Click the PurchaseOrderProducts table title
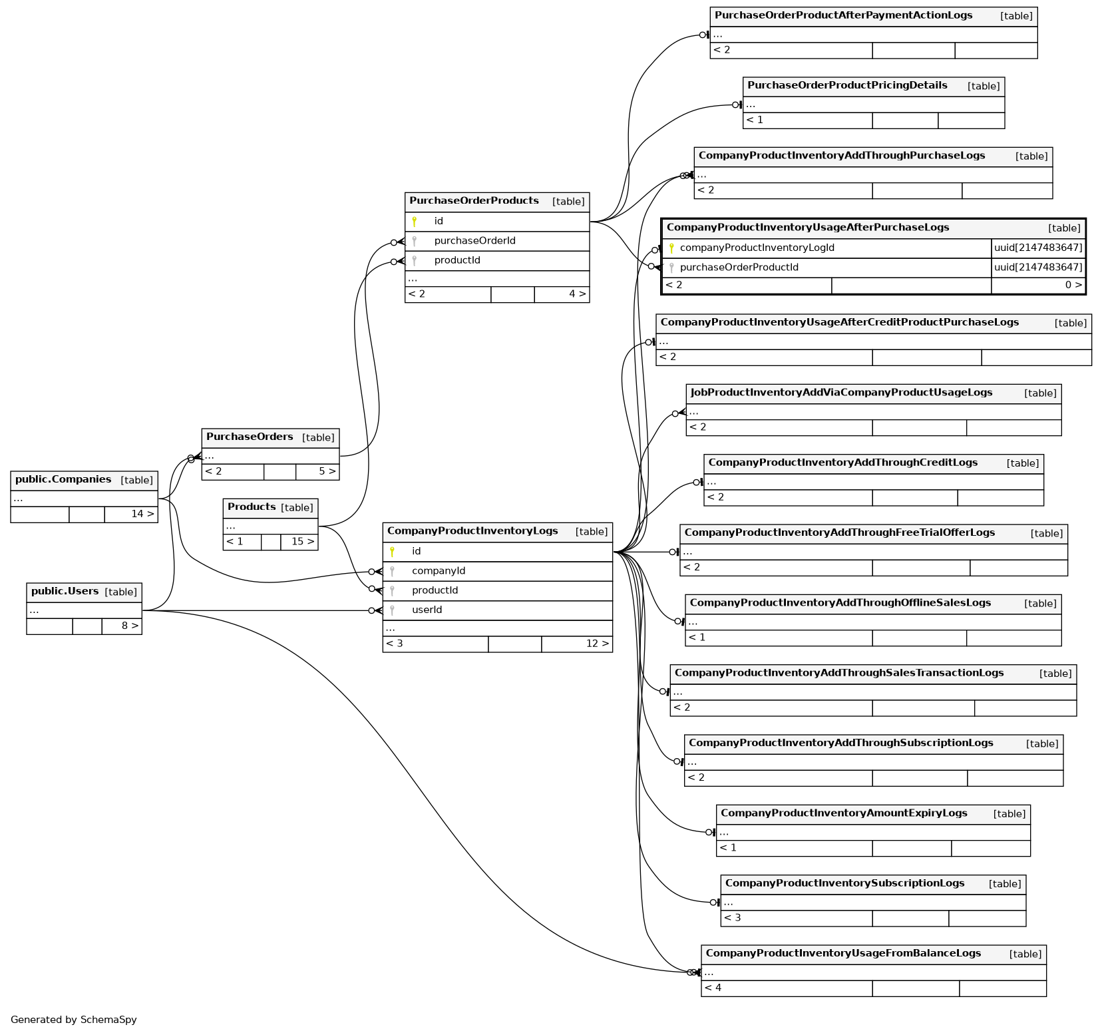tap(474, 201)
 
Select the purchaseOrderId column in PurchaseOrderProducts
tap(474, 241)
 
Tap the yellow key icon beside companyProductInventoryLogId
tap(671, 248)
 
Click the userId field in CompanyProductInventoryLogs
tap(427, 610)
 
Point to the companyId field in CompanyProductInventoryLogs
tap(438, 570)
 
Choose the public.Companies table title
tap(63, 480)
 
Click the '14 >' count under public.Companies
tap(142, 514)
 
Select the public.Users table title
tap(65, 592)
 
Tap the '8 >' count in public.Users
tap(130, 626)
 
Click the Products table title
tap(251, 507)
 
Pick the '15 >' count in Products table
tap(303, 542)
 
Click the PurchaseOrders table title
tap(250, 437)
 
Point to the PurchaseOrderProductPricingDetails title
tap(847, 86)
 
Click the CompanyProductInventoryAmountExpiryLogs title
tap(844, 813)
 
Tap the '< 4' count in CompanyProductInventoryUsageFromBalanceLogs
tap(713, 988)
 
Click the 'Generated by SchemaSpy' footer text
tap(74, 1020)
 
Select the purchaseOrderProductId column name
tap(739, 268)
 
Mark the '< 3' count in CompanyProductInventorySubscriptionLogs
tap(732, 918)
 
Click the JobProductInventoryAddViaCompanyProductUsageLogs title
tap(841, 393)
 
